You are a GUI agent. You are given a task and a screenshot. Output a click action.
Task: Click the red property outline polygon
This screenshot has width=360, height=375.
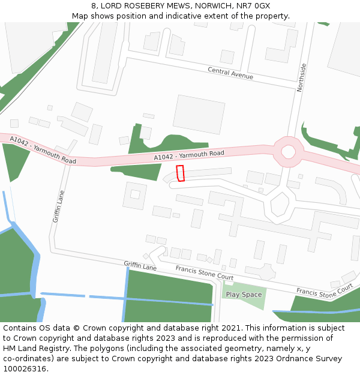[180, 173]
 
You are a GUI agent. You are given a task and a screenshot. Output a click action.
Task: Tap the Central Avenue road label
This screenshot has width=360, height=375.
[230, 73]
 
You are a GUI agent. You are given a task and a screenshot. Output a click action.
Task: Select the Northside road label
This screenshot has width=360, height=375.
[301, 77]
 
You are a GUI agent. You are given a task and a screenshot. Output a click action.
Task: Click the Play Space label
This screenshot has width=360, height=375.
[244, 295]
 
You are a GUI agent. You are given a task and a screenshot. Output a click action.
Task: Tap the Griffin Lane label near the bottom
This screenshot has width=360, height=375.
[140, 266]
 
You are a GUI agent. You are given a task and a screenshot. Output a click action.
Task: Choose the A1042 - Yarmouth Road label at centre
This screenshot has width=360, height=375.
[189, 155]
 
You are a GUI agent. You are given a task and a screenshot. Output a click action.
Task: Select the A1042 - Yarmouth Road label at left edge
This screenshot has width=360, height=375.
[43, 150]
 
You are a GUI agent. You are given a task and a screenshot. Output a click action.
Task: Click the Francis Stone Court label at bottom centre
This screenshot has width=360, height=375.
[205, 273]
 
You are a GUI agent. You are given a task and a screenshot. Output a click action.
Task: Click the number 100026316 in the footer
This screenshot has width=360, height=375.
[23, 369]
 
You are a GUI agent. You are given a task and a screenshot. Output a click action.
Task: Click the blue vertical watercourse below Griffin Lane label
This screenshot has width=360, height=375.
[125, 294]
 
